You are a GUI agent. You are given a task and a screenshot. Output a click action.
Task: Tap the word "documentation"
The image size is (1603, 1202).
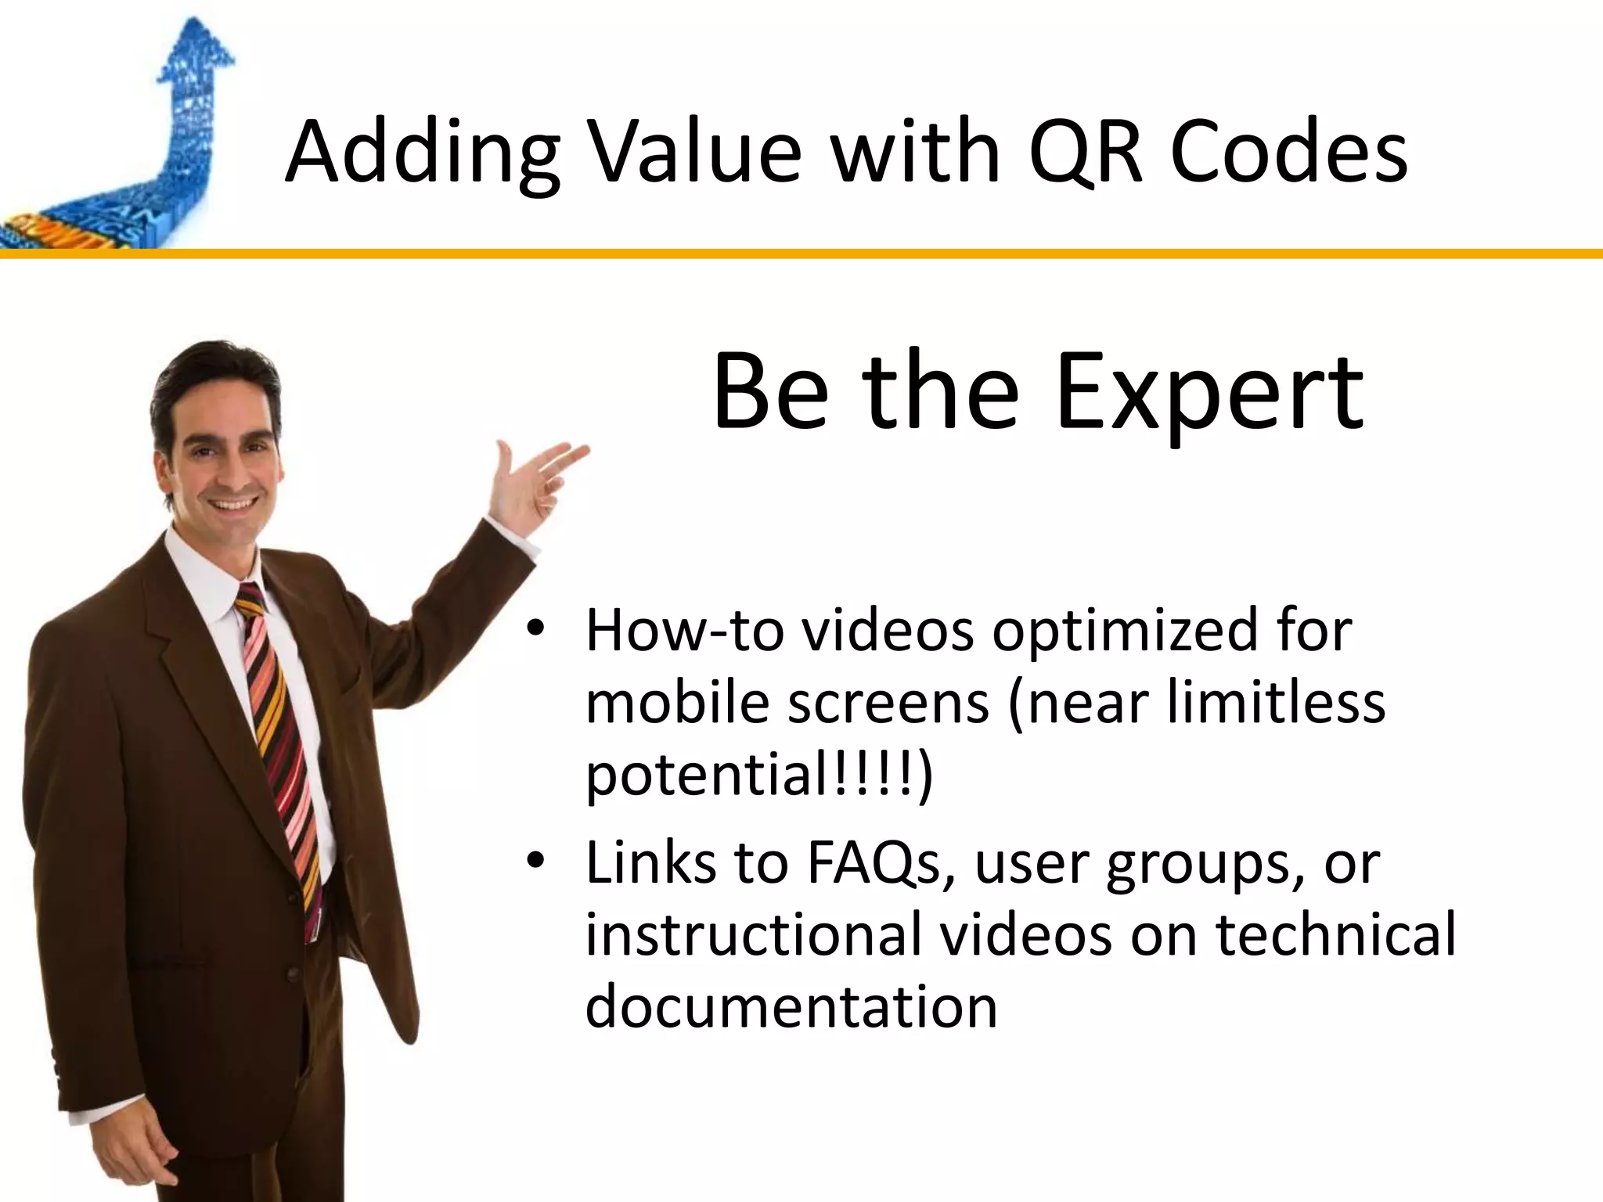click(791, 1006)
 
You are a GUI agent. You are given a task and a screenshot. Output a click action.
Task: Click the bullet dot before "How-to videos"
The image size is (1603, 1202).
click(535, 630)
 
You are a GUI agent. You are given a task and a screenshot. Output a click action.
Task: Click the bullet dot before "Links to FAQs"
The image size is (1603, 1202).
click(535, 862)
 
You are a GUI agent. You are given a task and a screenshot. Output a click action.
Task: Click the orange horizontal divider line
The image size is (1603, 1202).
click(801, 254)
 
